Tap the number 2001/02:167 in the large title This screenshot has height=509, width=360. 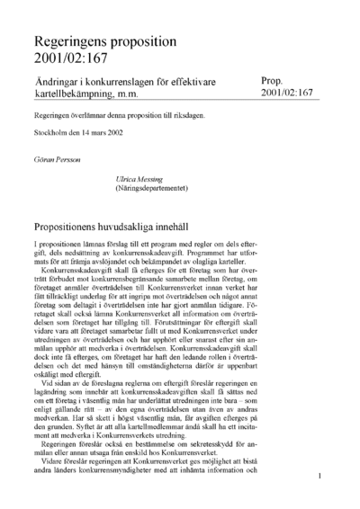(x=70, y=60)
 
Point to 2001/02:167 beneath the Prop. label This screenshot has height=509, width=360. (x=288, y=93)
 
